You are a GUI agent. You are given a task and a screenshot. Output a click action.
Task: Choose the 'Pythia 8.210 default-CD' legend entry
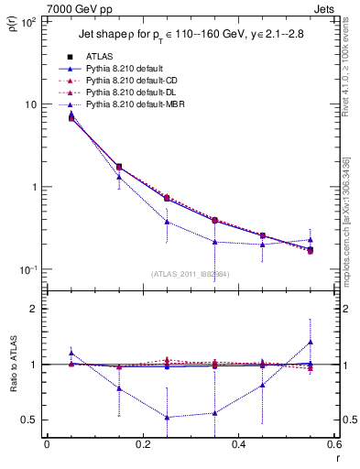click(x=128, y=81)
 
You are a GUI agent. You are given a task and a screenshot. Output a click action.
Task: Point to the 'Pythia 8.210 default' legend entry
click(x=119, y=69)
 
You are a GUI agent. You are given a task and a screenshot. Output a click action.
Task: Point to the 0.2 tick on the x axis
click(x=142, y=444)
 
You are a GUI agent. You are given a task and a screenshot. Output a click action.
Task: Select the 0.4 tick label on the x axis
click(x=238, y=444)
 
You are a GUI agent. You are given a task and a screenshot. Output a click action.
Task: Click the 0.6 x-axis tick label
click(x=333, y=444)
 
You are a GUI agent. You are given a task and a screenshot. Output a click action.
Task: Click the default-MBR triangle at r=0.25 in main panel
click(x=167, y=222)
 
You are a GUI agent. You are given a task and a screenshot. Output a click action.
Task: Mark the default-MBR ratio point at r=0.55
click(x=311, y=342)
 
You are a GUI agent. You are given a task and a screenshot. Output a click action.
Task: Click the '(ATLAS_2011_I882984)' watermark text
click(x=190, y=273)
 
